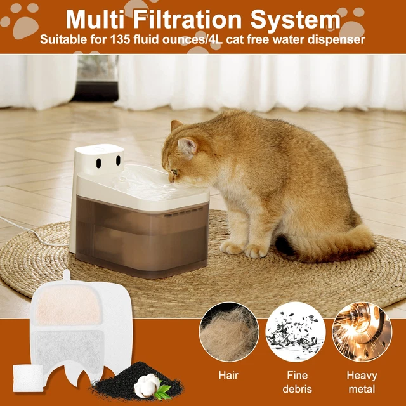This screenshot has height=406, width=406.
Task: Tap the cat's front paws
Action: click(x=244, y=248)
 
